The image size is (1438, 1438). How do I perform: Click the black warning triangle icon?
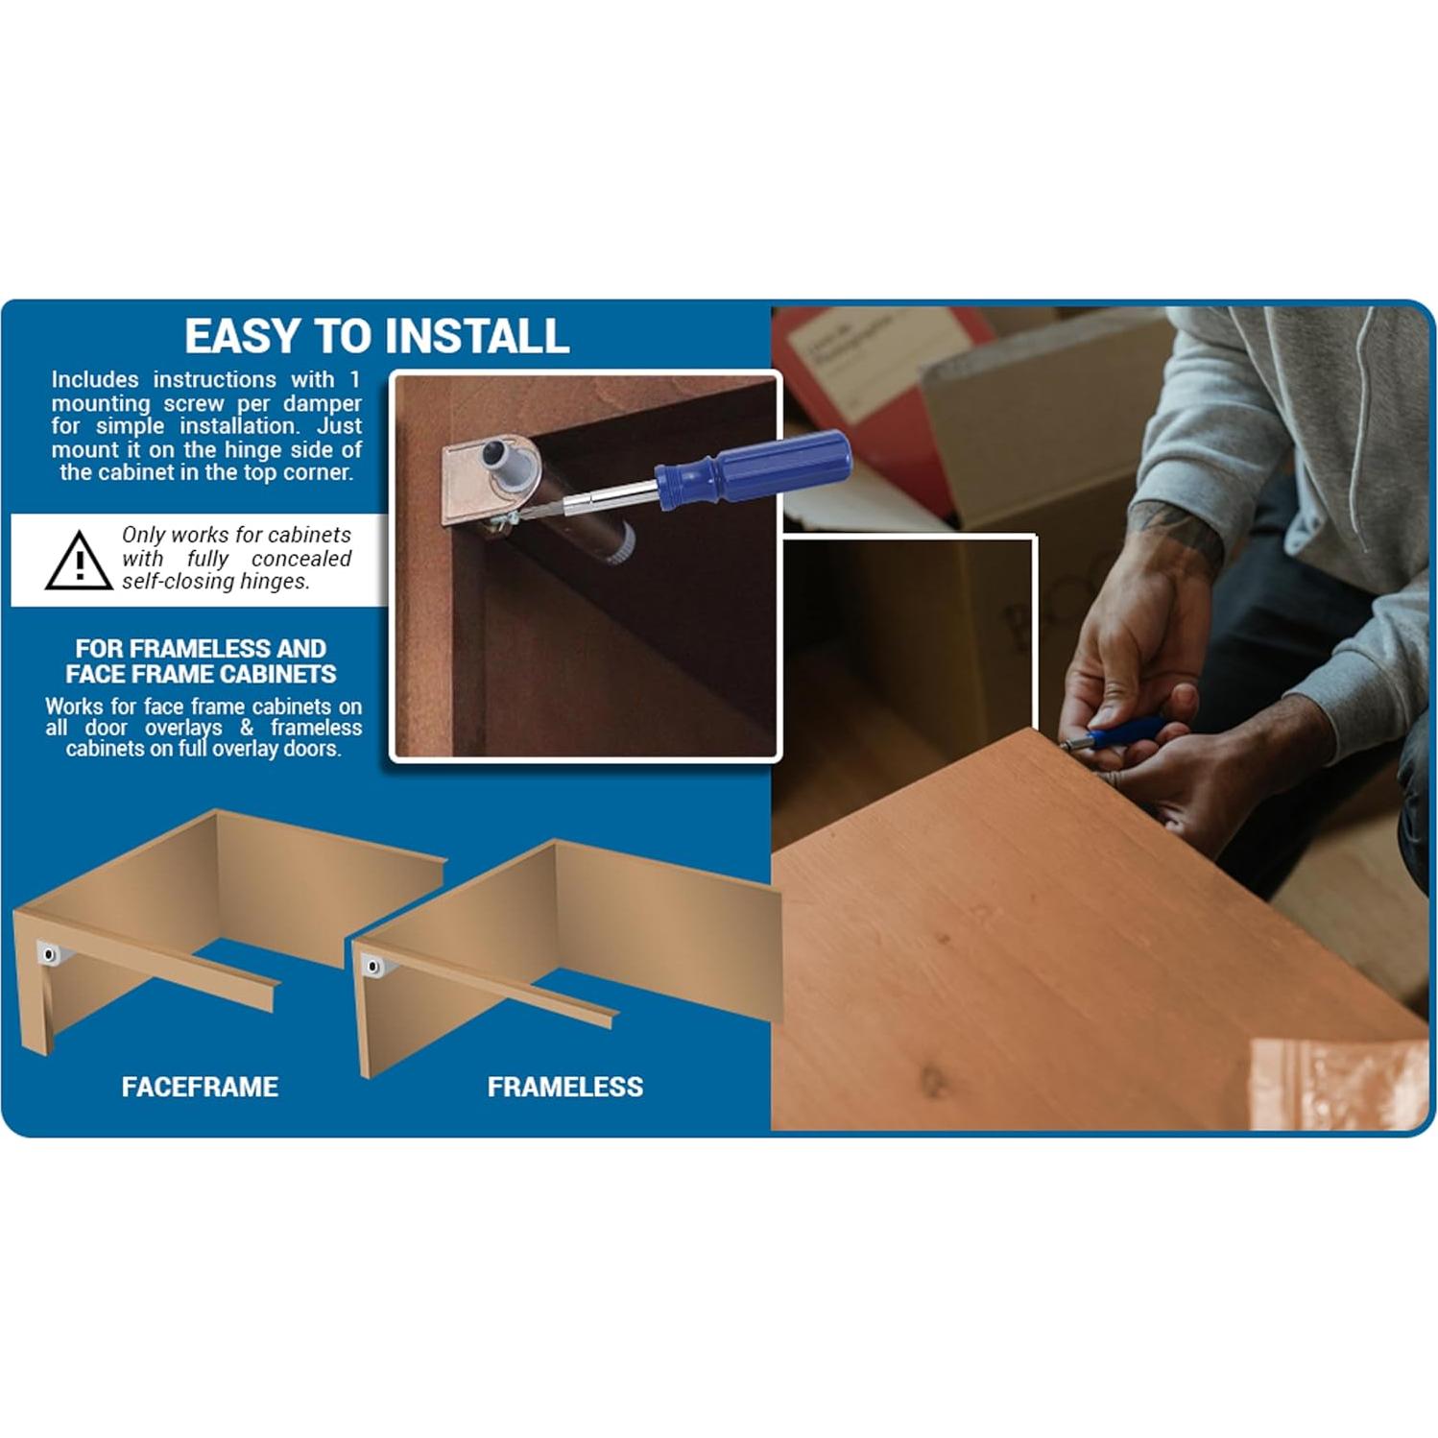tap(79, 562)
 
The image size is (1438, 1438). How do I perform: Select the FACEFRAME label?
tap(200, 1087)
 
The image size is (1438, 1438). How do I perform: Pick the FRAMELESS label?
tap(564, 1087)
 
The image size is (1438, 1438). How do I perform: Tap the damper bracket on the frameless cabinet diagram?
tap(372, 966)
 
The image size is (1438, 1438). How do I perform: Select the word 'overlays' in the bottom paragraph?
tap(183, 728)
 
